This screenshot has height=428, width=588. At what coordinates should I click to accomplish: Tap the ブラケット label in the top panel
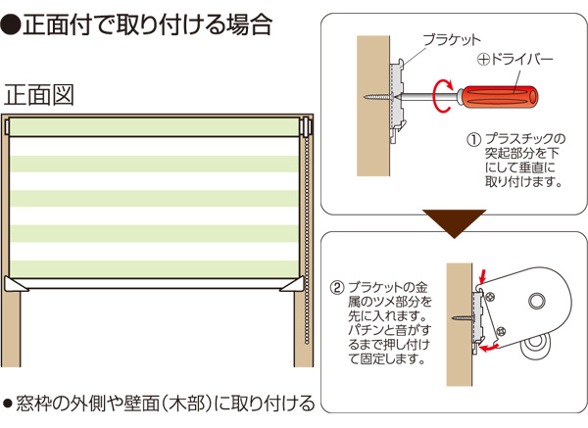pyautogui.click(x=451, y=40)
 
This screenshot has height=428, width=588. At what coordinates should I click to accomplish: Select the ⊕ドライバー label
pyautogui.click(x=514, y=60)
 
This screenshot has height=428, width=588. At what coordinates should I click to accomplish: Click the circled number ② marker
pyautogui.click(x=337, y=288)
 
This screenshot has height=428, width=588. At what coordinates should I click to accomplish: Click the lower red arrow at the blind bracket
pyautogui.click(x=497, y=343)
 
